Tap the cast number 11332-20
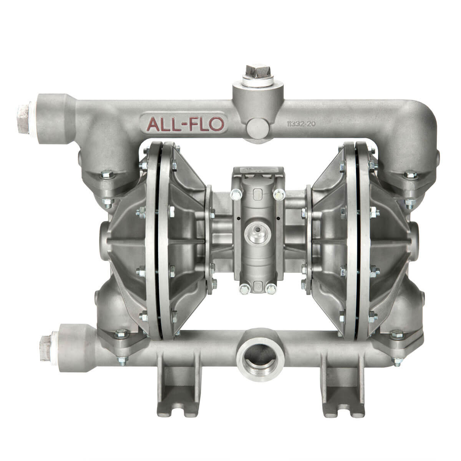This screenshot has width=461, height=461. (301, 124)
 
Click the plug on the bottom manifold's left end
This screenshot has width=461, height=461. (46, 347)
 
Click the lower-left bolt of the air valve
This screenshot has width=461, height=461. (242, 289)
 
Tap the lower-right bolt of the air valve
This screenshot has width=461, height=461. (272, 289)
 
